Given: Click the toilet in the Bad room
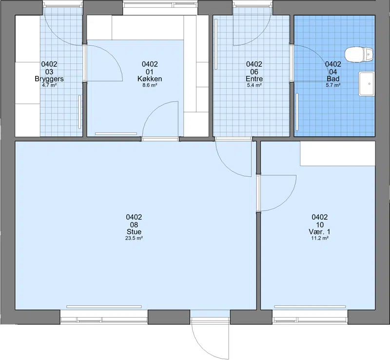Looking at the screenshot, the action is point(359,55).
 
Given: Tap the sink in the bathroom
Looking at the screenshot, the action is point(367,84).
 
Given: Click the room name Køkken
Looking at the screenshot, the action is point(150,79).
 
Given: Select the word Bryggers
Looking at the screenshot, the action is point(49,79).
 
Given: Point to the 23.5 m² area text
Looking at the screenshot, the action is point(134,238).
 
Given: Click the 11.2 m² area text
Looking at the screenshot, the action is point(320,238).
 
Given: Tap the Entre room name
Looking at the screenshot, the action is point(254,79).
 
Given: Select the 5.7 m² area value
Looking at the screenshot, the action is point(333,85).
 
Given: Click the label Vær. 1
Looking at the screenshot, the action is point(320,232).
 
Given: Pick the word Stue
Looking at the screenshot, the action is point(134,232).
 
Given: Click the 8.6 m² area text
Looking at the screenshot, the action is point(150,85).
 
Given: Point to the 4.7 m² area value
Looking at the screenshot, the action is point(49,85).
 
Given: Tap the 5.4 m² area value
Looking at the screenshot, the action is point(254,85).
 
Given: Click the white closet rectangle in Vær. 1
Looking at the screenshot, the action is point(337,153).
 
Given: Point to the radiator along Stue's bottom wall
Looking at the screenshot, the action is point(104,307).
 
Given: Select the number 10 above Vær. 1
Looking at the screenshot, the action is point(320,225).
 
